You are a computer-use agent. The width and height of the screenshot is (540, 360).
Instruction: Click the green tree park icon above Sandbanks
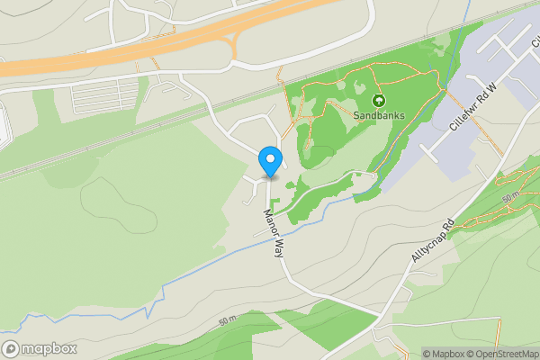[379, 101]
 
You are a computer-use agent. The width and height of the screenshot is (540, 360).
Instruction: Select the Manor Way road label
[274, 233]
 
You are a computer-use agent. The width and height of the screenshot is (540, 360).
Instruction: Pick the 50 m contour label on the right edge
[510, 196]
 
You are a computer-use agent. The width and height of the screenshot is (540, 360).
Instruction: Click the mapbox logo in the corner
[38, 348]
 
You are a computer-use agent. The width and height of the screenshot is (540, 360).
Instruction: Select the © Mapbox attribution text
[443, 354]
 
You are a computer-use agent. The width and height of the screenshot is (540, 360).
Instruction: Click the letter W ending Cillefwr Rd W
[492, 89]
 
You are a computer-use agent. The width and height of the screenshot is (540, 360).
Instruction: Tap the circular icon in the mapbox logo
[11, 348]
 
